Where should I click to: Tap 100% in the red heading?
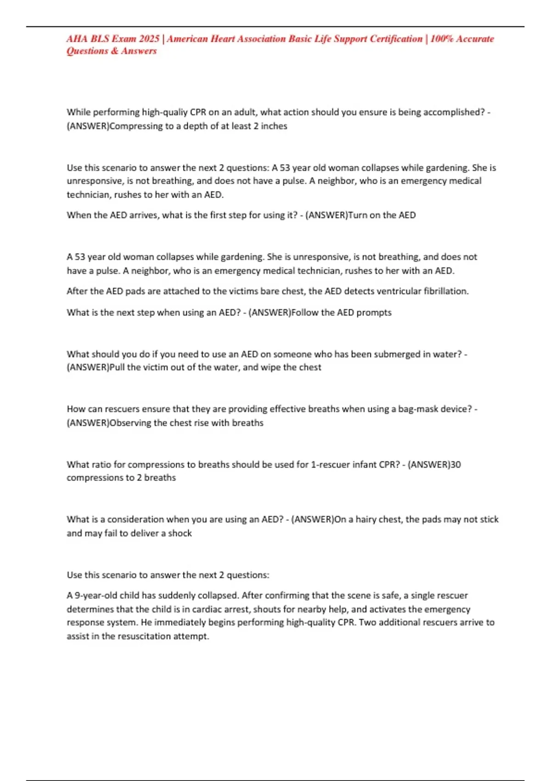(x=442, y=39)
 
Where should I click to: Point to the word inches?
(x=274, y=126)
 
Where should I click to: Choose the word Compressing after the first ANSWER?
(x=136, y=126)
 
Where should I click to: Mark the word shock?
(x=180, y=533)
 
